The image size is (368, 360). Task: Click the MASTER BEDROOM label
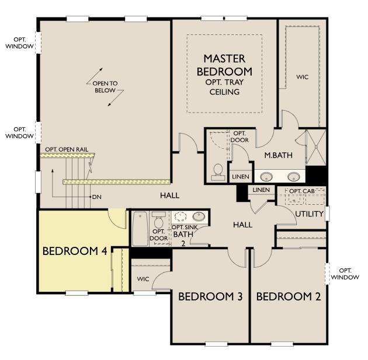pyautogui.click(x=224, y=65)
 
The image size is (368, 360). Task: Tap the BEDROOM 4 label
pyautogui.click(x=75, y=251)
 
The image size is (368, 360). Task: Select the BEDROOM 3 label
pyautogui.click(x=210, y=296)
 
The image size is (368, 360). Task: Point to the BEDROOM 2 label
pyautogui.click(x=289, y=296)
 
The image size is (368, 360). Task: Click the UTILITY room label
pyautogui.click(x=310, y=214)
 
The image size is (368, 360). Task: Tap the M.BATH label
pyautogui.click(x=279, y=155)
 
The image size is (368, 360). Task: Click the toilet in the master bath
pyautogui.click(x=218, y=172)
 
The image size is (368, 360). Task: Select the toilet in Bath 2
pyautogui.click(x=159, y=219)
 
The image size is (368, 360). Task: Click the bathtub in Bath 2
pyautogui.click(x=140, y=229)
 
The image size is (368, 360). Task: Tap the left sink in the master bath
pyautogui.click(x=266, y=176)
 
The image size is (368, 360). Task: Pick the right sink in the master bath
pyautogui.click(x=294, y=176)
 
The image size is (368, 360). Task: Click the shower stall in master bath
pyautogui.click(x=316, y=147)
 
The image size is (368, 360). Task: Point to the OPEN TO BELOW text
pyautogui.click(x=105, y=87)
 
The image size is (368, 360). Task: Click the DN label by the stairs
pyautogui.click(x=97, y=197)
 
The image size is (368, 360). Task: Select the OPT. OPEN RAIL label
pyautogui.click(x=67, y=149)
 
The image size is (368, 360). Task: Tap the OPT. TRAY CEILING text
pyautogui.click(x=224, y=87)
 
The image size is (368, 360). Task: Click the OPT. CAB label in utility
pyautogui.click(x=302, y=191)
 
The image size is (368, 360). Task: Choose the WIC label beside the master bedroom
pyautogui.click(x=303, y=77)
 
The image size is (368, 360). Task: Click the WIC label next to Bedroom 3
pyautogui.click(x=143, y=279)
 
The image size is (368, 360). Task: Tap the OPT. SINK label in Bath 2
pyautogui.click(x=185, y=228)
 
